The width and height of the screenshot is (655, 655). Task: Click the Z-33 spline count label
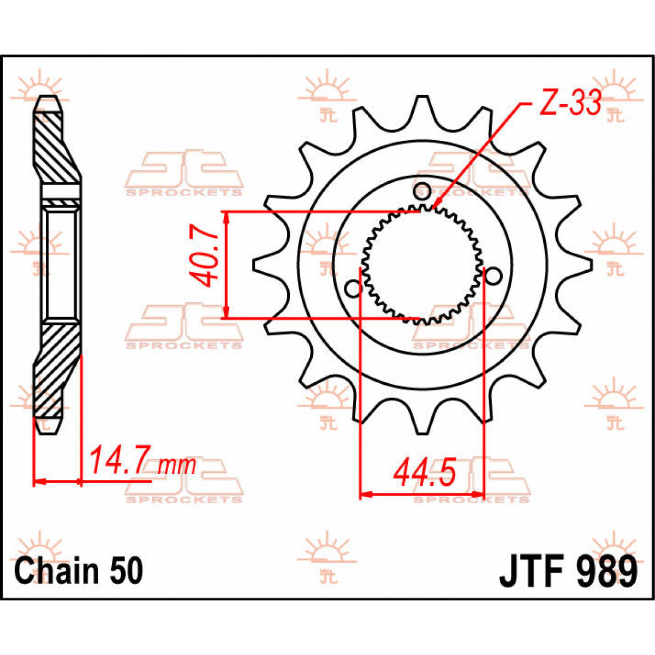pos(570,104)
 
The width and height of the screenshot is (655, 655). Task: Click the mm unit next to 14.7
pos(176,465)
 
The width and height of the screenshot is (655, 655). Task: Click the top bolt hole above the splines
pos(422,191)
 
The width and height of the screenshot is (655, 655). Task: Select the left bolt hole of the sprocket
pos(353,288)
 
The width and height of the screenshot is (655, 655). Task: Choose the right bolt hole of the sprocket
pos(493,277)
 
